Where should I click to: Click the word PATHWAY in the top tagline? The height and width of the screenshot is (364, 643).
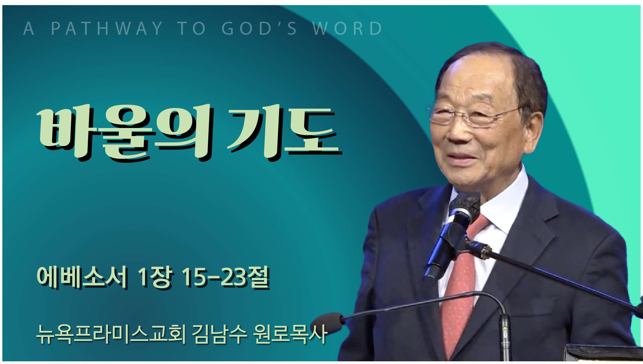tap(107, 28)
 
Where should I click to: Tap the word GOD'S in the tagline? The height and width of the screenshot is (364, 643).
tap(259, 28)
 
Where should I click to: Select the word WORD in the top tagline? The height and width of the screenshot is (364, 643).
tap(347, 28)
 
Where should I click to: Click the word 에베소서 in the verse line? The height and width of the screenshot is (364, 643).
tap(82, 277)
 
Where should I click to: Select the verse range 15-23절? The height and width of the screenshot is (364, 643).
tap(226, 277)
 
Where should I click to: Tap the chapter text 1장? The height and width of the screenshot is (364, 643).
tap(155, 277)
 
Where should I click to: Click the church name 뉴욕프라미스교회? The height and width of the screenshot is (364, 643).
tap(111, 334)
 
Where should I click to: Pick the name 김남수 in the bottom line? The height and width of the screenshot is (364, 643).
tap(219, 334)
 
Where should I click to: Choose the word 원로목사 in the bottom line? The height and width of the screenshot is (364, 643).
tap(290, 334)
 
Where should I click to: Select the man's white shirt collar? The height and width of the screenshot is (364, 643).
tap(502, 201)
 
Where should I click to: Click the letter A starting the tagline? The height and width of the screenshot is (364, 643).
tap(29, 28)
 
